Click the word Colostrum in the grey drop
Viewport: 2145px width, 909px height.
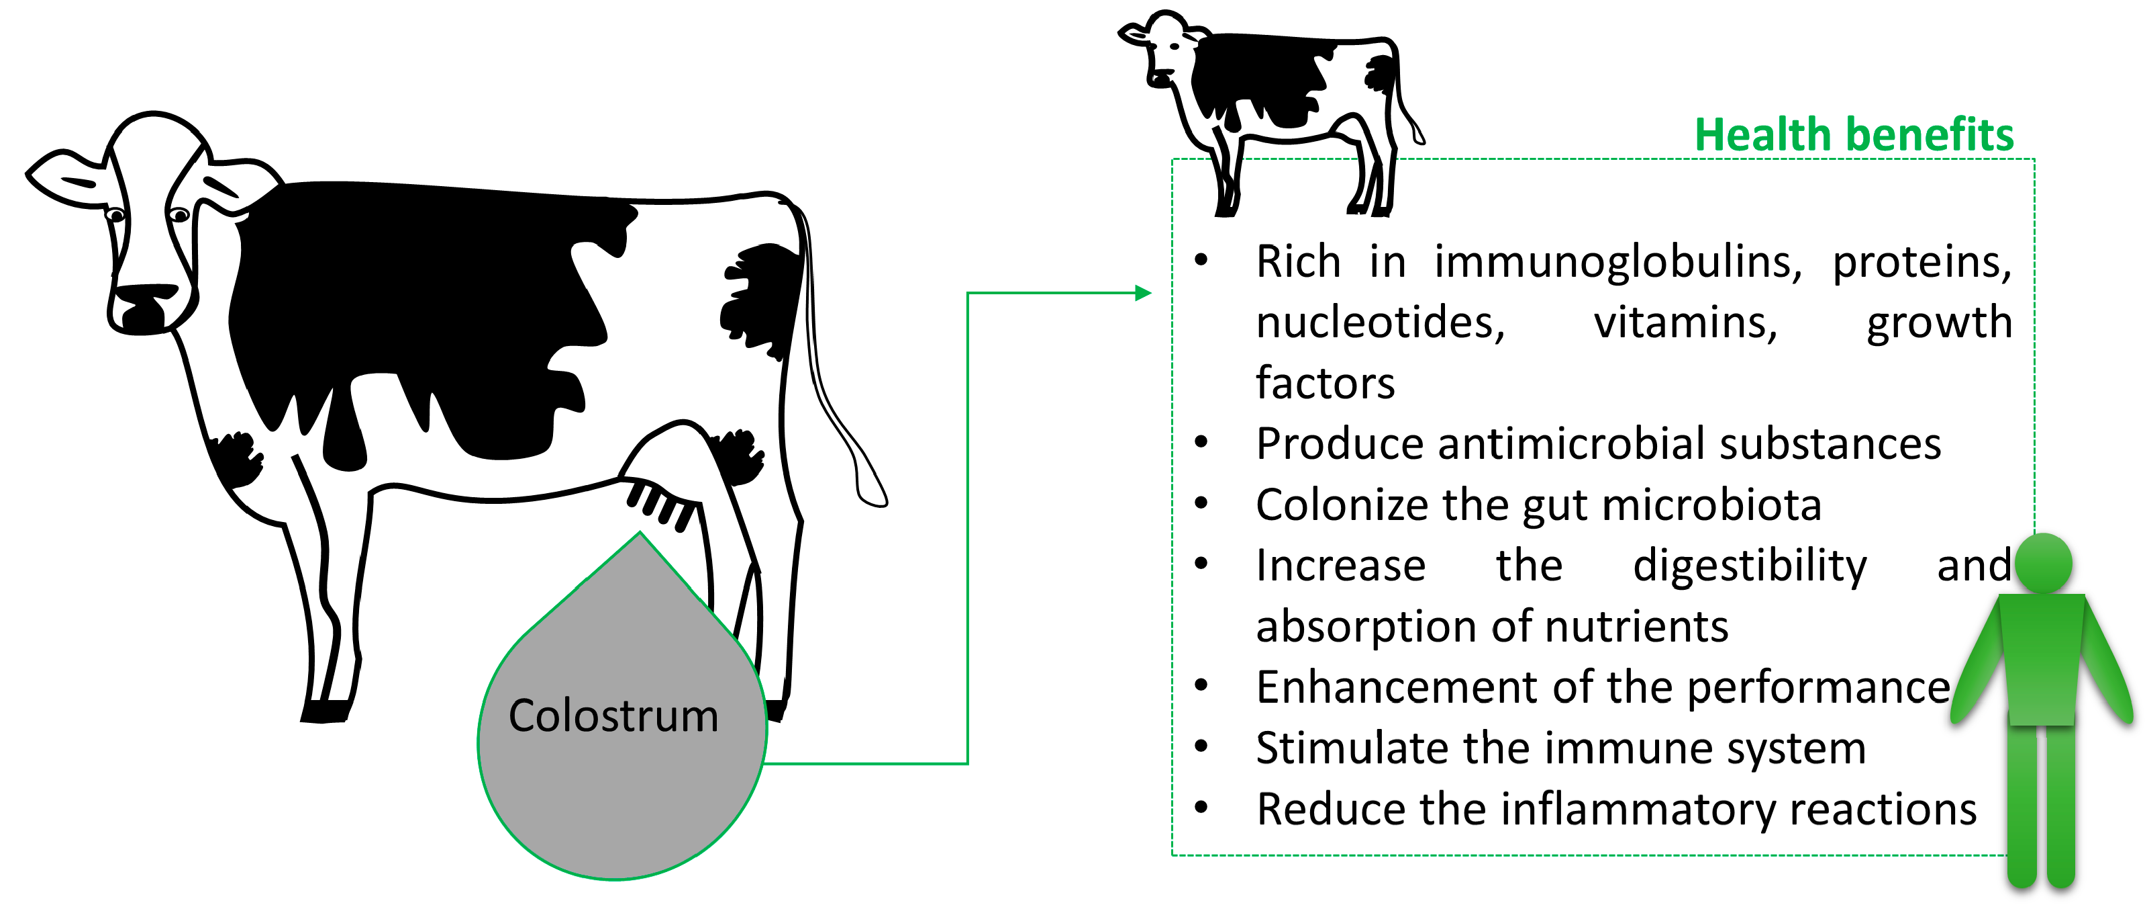(x=613, y=716)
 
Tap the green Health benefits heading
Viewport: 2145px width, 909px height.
(x=1854, y=135)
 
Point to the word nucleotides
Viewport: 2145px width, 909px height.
(x=1380, y=323)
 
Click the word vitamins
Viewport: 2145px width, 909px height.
(x=1685, y=323)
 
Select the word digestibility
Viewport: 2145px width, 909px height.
(x=1750, y=566)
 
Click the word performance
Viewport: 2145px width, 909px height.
(x=1819, y=687)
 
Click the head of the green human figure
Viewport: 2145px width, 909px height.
(x=2044, y=562)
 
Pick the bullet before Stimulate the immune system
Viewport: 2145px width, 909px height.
(x=1201, y=746)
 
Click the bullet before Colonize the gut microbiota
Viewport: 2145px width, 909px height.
(x=1201, y=503)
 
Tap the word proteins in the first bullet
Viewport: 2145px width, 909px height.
(x=1921, y=263)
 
